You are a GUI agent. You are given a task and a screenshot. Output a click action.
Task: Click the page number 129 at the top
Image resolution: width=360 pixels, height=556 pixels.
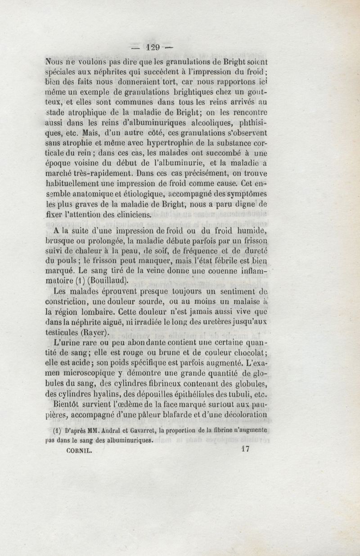[153, 46]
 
